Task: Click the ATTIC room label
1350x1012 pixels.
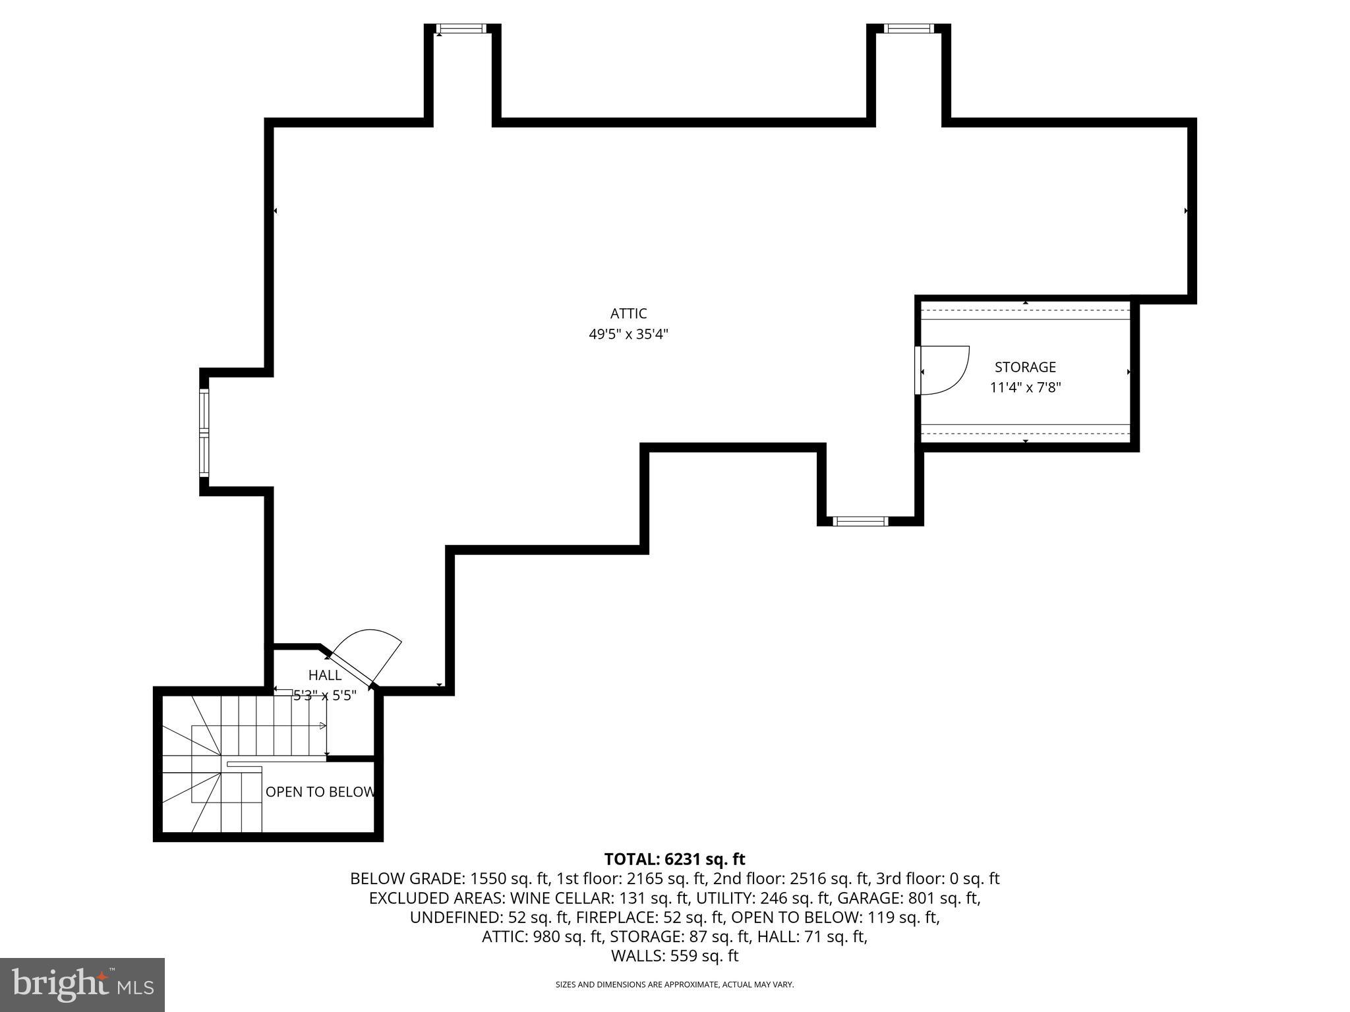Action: coord(628,314)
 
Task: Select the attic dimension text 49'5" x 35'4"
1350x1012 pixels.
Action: coord(628,335)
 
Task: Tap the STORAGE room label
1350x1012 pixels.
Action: coord(1025,367)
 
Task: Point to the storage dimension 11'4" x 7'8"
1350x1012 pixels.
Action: coord(1025,387)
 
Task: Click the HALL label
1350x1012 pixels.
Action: coord(325,675)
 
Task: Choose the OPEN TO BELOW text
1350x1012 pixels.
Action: coord(320,792)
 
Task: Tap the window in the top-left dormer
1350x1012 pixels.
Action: coord(461,28)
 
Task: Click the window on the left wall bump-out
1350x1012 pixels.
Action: coord(204,433)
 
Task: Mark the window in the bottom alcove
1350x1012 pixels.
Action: coord(860,521)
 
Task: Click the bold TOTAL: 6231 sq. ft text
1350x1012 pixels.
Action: coord(674,859)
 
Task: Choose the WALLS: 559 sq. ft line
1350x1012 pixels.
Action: coord(674,956)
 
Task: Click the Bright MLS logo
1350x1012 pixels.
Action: coord(82,984)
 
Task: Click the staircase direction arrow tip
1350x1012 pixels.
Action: coord(323,726)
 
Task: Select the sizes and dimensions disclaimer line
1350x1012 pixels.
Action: coord(674,984)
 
